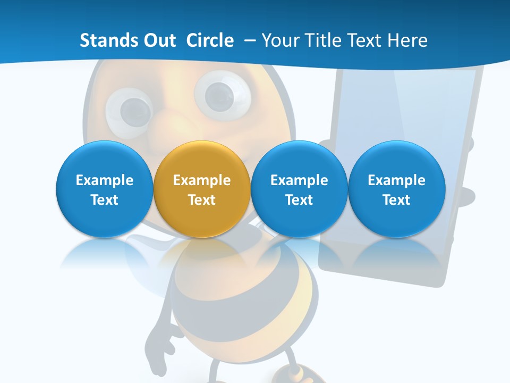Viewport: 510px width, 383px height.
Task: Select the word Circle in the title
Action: pos(210,40)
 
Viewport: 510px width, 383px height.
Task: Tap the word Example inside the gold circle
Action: pos(202,180)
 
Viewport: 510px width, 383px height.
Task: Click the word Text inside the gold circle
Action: pos(202,200)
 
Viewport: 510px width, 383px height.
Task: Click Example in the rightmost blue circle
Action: pos(397,180)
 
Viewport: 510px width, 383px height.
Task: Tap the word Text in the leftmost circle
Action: pos(104,200)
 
